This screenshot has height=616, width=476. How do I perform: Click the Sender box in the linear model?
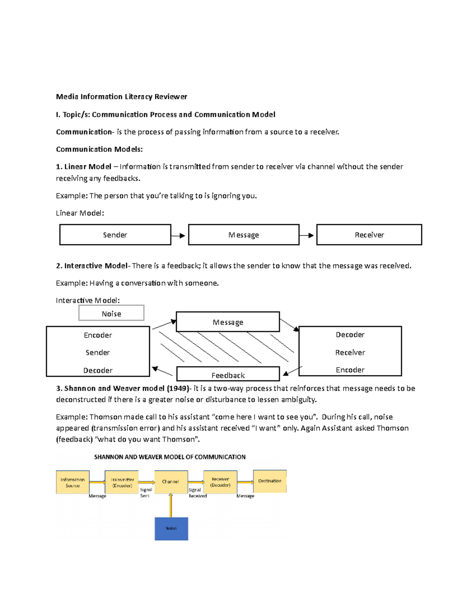pyautogui.click(x=115, y=235)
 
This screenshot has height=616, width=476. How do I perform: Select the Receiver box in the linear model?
pyautogui.click(x=369, y=235)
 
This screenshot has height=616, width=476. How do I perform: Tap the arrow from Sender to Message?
pyautogui.click(x=178, y=236)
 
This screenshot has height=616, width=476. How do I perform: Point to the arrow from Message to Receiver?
pyautogui.click(x=307, y=236)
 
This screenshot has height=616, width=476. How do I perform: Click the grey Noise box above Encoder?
pyautogui.click(x=111, y=313)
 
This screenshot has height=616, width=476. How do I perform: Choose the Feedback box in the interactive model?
pyautogui.click(x=228, y=374)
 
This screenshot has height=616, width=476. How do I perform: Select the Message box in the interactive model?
pyautogui.click(x=228, y=322)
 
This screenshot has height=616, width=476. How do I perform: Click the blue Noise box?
pyautogui.click(x=171, y=528)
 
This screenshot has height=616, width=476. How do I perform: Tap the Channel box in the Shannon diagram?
pyautogui.click(x=171, y=482)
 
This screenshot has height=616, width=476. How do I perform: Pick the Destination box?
pyautogui.click(x=270, y=481)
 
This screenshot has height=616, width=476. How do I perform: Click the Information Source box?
pyautogui.click(x=73, y=482)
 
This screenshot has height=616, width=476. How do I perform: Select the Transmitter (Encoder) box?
pyautogui.click(x=122, y=482)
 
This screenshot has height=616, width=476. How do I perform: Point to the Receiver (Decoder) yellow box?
pyautogui.click(x=220, y=482)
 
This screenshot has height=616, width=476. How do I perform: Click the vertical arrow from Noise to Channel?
pyautogui.click(x=171, y=505)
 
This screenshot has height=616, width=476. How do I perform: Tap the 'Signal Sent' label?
pyautogui.click(x=146, y=493)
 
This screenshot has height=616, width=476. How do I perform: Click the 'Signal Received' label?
pyautogui.click(x=197, y=493)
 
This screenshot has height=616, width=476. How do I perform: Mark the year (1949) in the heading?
pyautogui.click(x=178, y=388)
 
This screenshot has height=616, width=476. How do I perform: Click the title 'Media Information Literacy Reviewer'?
pyautogui.click(x=121, y=96)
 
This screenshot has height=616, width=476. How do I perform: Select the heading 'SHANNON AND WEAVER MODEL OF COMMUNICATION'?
pyautogui.click(x=170, y=457)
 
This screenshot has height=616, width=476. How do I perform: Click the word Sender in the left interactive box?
pyautogui.click(x=98, y=352)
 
